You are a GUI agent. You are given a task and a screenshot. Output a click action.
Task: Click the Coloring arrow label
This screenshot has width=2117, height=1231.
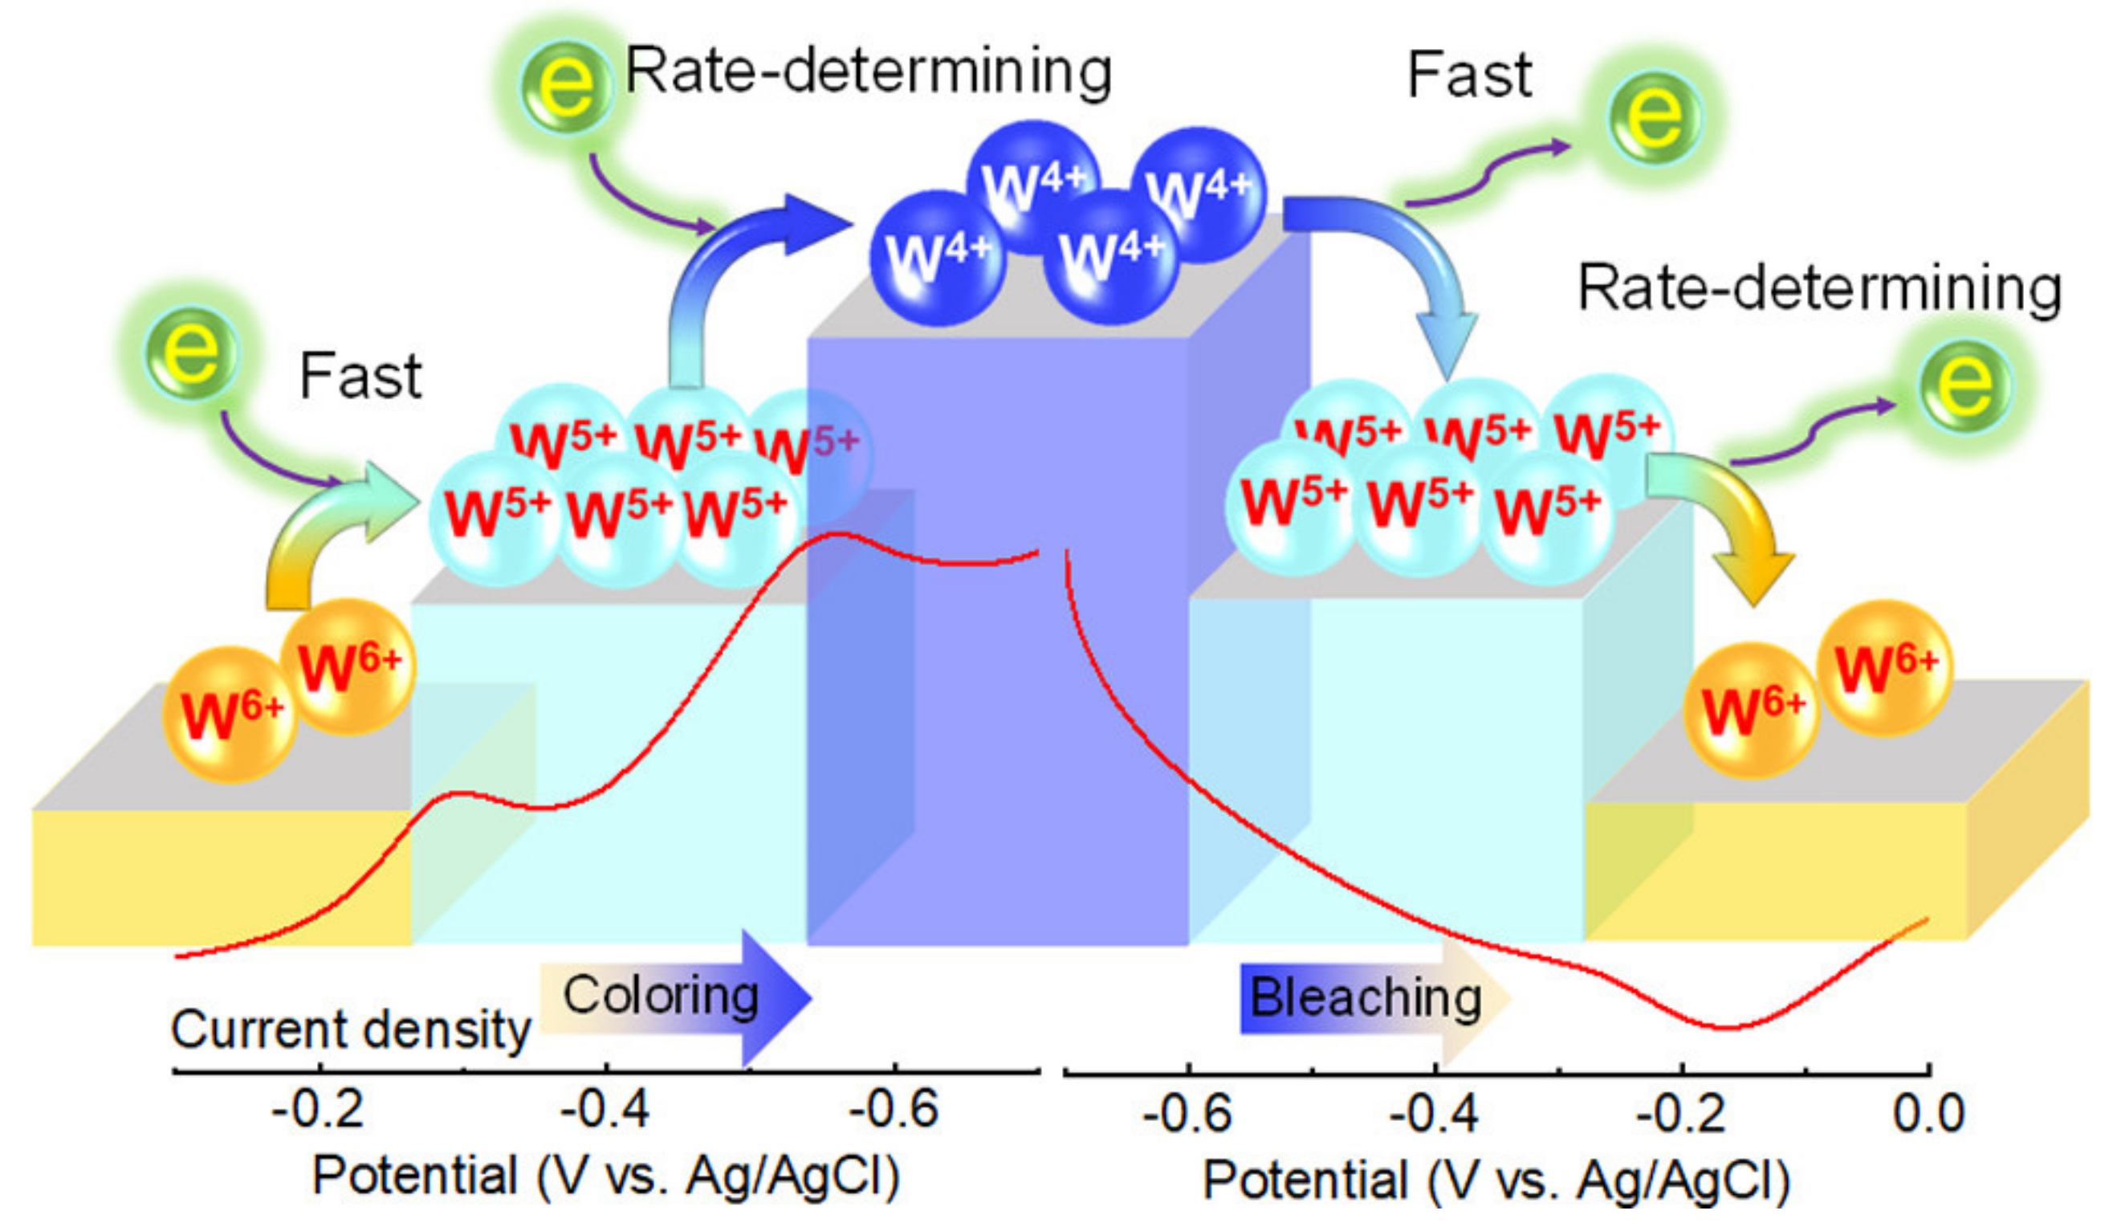coord(660,997)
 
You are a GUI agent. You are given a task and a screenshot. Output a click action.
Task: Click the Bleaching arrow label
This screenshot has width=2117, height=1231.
coord(1365,998)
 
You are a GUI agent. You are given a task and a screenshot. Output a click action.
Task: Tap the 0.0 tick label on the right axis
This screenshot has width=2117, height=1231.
coord(1928,1114)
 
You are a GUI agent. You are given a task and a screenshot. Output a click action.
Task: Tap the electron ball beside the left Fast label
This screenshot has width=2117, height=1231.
coord(192,353)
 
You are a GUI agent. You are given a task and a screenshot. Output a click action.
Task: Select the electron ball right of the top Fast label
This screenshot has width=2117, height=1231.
coord(1653,117)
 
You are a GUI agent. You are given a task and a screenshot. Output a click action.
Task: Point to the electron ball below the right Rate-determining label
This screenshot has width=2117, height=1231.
coord(1964,385)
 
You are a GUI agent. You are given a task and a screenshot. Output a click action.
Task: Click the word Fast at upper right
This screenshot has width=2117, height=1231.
coord(1468,75)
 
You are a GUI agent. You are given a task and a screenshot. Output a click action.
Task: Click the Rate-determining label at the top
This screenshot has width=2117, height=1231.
coord(869,71)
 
